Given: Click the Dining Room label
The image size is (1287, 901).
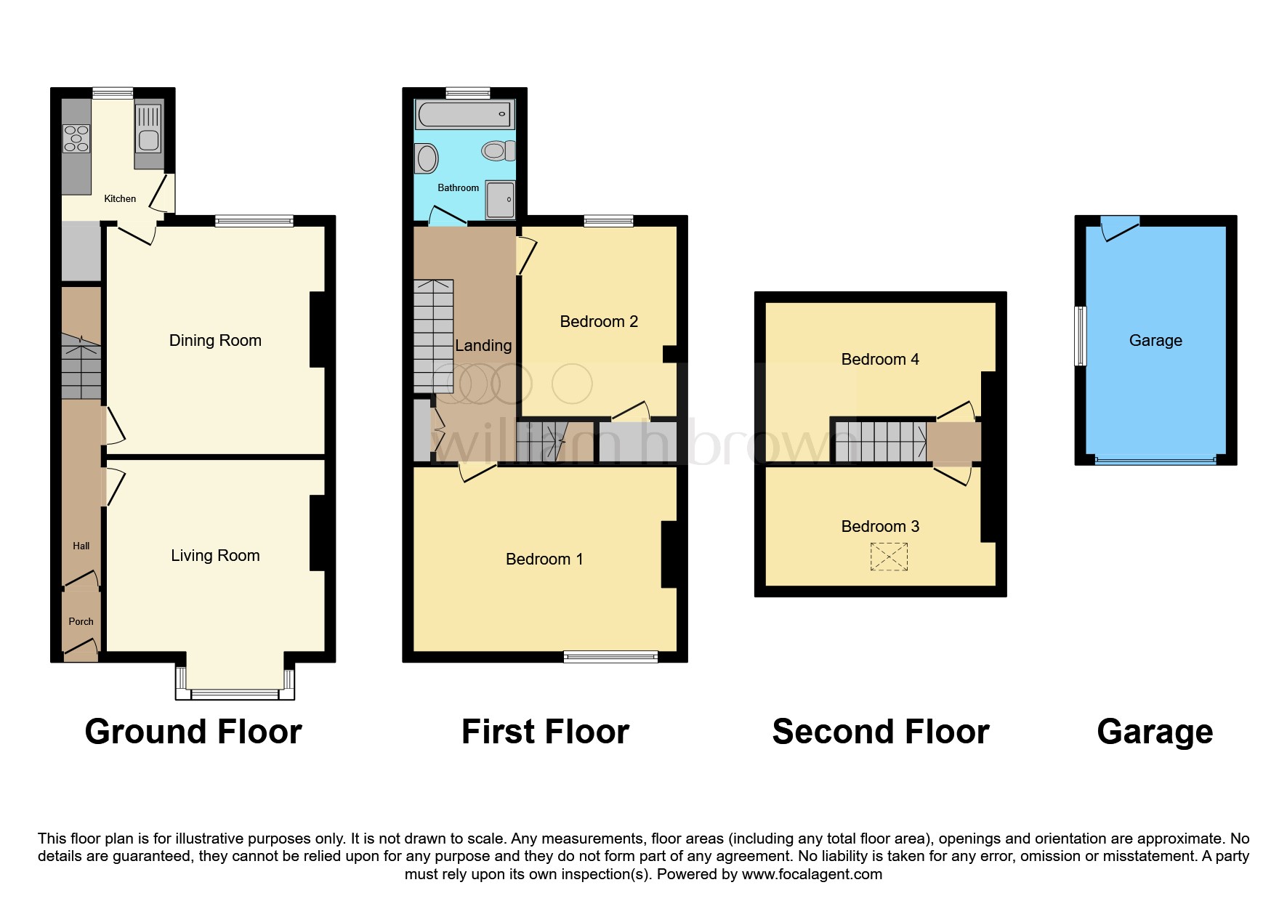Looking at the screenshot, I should (x=215, y=340).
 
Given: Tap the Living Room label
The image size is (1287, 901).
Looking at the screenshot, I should (x=215, y=555).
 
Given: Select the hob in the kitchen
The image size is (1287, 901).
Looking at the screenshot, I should (x=76, y=139).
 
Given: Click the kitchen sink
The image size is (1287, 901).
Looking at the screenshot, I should (x=149, y=131).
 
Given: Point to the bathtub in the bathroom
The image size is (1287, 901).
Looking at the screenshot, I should (x=464, y=115).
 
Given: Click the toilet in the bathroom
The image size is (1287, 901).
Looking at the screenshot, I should (x=498, y=151).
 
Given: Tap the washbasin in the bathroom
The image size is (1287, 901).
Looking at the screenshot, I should (x=427, y=158).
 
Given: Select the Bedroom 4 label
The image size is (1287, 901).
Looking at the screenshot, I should (x=879, y=359).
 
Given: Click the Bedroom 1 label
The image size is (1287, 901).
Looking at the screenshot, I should (x=544, y=559).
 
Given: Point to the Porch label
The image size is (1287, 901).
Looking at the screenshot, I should (x=81, y=621).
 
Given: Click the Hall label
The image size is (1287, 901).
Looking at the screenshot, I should (x=81, y=546).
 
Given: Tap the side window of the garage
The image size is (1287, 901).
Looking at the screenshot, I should (x=1081, y=336).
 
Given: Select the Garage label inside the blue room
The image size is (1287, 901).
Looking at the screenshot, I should (x=1155, y=340).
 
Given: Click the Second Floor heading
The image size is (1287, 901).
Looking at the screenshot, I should (x=880, y=731).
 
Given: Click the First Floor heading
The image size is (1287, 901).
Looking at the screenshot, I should (x=545, y=731).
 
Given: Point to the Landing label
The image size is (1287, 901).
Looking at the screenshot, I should (x=483, y=346).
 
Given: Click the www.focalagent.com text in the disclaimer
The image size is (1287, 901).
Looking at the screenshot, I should (x=811, y=874).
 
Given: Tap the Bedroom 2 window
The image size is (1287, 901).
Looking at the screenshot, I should (x=609, y=221).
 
